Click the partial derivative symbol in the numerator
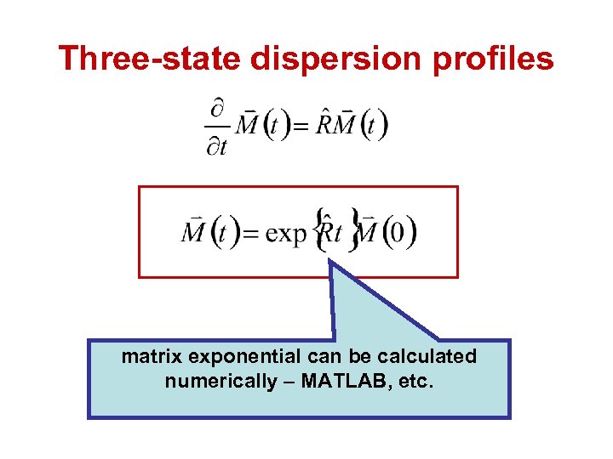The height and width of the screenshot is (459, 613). click(x=218, y=109)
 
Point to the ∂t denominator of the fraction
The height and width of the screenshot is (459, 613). click(x=218, y=146)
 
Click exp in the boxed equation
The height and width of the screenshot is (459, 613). click(x=285, y=233)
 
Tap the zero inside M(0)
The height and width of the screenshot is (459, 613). click(x=397, y=233)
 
